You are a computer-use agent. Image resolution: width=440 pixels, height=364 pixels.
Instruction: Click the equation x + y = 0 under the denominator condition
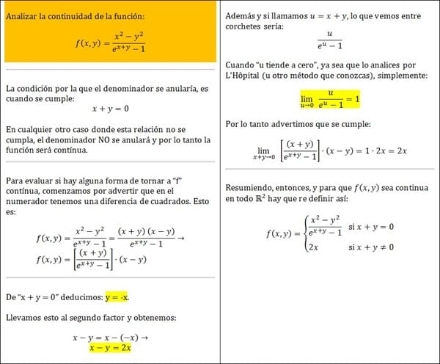click(110, 108)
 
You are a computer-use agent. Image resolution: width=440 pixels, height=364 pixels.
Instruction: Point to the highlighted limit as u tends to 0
click(329, 98)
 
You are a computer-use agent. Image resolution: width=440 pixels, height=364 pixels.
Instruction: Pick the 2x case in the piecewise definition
click(313, 248)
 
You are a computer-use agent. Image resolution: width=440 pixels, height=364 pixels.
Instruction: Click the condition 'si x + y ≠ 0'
click(371, 248)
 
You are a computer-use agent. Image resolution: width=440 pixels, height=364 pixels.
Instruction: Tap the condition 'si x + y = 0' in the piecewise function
click(371, 227)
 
